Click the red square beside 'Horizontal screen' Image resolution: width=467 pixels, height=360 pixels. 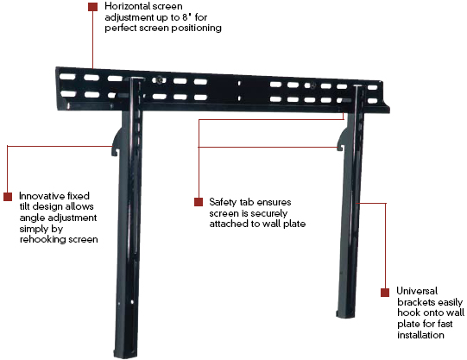93,7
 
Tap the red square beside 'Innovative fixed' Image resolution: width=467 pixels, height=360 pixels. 8,197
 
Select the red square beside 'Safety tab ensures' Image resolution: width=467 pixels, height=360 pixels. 199,202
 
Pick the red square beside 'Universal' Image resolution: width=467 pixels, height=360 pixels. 385,293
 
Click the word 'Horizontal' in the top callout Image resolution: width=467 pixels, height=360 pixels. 124,6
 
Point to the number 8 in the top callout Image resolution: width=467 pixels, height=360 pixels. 185,17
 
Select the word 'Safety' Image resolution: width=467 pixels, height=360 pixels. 220,202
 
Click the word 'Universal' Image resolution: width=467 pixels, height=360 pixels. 417,291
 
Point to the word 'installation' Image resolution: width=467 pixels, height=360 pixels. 420,335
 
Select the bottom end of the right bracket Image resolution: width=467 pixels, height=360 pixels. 346,313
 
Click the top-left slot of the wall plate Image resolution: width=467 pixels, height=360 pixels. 67,77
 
